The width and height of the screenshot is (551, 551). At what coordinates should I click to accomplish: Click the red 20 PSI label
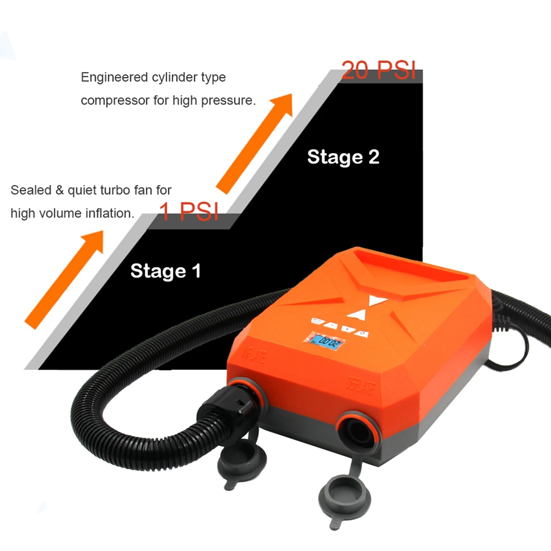click(378, 70)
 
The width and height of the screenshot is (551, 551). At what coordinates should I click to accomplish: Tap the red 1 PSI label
click(189, 212)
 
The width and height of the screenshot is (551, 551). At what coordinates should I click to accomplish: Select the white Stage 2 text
click(343, 157)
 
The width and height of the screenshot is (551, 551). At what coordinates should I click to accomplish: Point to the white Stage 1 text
click(165, 271)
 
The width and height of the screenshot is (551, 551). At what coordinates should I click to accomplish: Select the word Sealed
click(31, 190)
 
